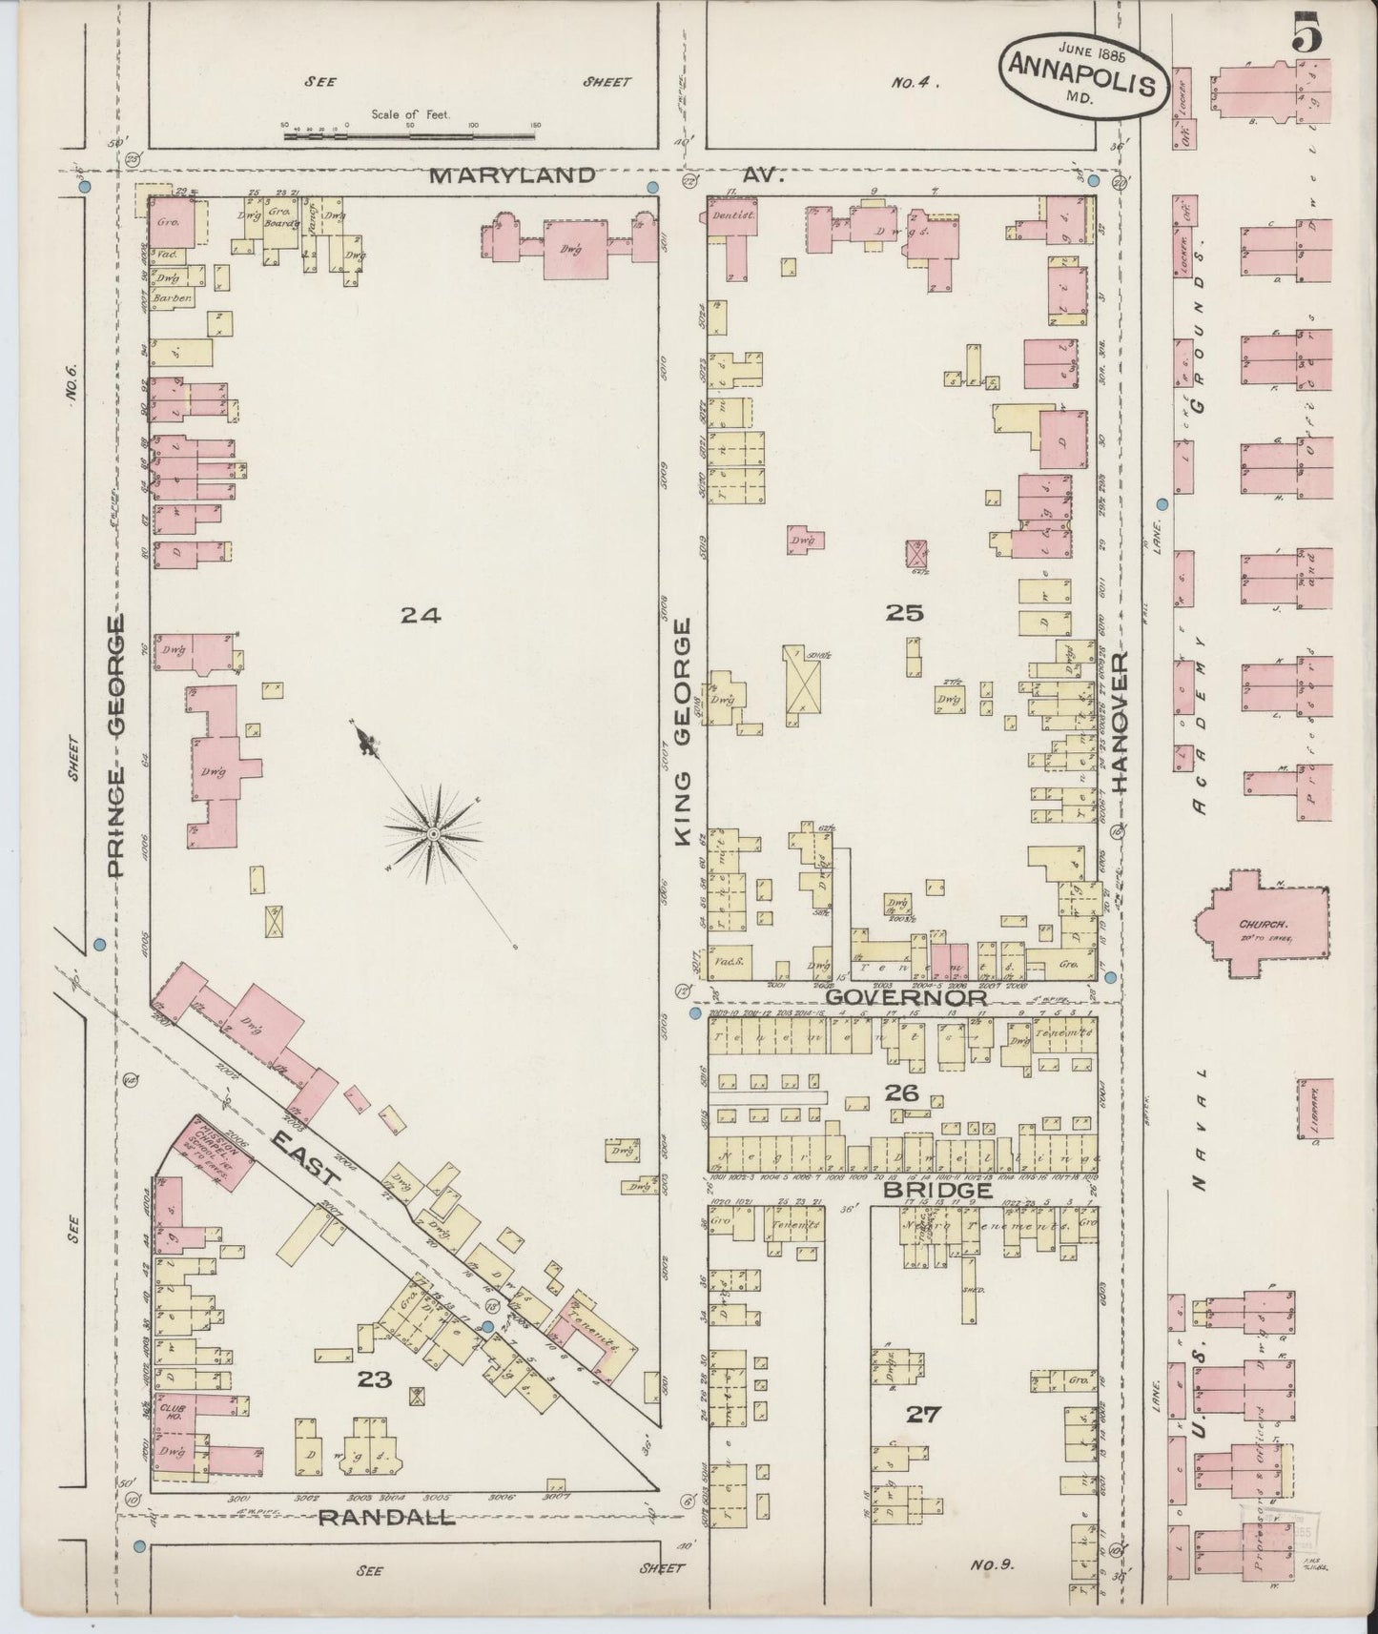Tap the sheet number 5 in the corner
tap(1306, 38)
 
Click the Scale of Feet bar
tap(410, 137)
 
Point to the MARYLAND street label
tap(512, 175)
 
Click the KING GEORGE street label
tap(683, 731)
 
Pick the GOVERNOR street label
tap(905, 997)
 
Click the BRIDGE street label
tap(936, 1191)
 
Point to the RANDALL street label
tap(385, 1519)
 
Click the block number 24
tap(420, 616)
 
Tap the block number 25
tap(903, 613)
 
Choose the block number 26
tap(901, 1093)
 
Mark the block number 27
tap(923, 1414)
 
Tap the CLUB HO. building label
tap(173, 1412)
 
